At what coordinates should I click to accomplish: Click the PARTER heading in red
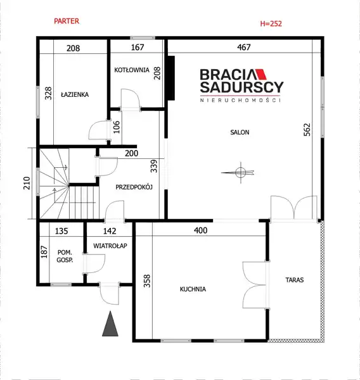coord(67,21)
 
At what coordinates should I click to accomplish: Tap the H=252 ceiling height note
coord(271,23)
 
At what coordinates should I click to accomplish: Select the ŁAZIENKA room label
coord(75,94)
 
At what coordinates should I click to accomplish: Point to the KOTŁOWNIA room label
coord(132,70)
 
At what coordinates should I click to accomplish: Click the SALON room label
coord(240,132)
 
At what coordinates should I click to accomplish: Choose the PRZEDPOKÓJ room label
coord(134,187)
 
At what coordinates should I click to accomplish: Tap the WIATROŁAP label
coord(110,246)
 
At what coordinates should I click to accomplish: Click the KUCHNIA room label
coord(193,289)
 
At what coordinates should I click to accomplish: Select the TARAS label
coord(295,280)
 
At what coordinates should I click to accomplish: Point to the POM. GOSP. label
coord(65,256)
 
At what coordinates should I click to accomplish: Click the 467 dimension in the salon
coord(243,47)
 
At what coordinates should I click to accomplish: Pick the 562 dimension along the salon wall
coord(307,130)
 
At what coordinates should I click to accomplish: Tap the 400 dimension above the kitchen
coord(201,231)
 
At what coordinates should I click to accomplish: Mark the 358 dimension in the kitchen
coord(147,281)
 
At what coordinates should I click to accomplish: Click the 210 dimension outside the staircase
coord(27,183)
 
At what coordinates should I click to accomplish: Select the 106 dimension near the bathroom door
coord(117,127)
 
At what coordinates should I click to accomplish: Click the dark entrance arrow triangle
coord(110,324)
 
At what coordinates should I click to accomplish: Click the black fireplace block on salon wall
coord(171,78)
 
